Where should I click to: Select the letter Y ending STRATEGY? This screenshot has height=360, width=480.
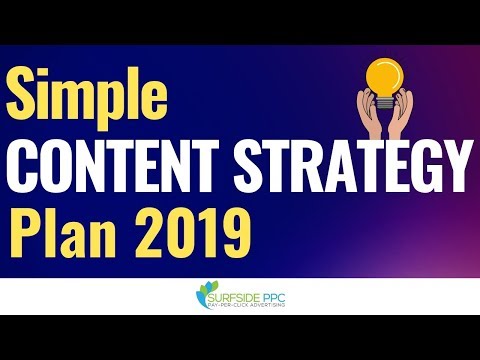click(455, 161)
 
